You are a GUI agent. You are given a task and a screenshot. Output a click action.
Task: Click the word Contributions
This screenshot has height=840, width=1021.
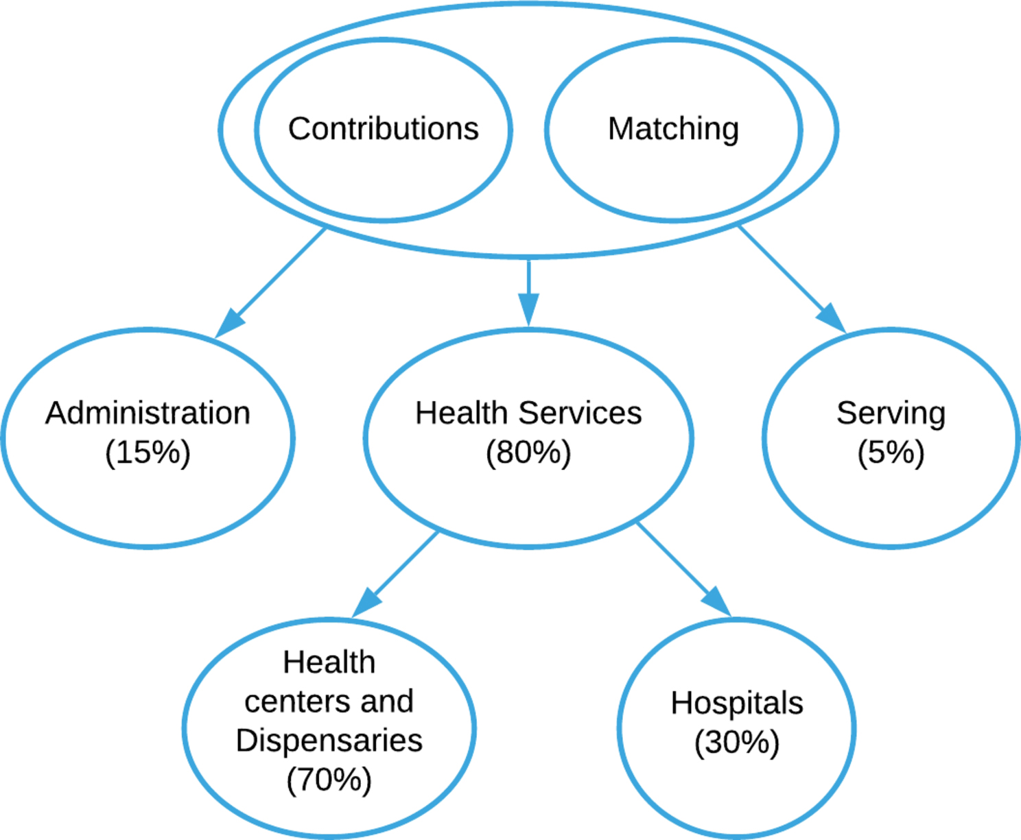pos(383,129)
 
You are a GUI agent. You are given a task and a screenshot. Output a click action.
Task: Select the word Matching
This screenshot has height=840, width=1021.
pos(673,129)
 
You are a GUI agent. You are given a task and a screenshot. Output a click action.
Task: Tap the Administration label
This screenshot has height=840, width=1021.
pos(148,413)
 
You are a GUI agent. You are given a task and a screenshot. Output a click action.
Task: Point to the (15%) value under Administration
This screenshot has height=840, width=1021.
pos(148,453)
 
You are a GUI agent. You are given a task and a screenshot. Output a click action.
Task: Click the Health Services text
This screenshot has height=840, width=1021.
pos(528,413)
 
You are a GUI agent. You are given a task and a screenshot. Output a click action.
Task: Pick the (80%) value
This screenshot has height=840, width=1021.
pos(528,453)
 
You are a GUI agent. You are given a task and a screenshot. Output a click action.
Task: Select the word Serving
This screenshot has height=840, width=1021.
pos(891,413)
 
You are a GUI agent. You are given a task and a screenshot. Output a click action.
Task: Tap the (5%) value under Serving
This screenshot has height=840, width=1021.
pos(891,453)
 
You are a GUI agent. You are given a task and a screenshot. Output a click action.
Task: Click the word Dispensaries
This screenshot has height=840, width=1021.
pos(329,741)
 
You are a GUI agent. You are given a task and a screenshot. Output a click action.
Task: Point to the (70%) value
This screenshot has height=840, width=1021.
pos(329,780)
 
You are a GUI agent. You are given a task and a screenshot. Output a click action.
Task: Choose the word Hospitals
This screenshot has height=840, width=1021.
pos(737,704)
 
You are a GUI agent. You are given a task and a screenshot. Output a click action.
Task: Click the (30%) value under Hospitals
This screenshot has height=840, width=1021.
pos(737,743)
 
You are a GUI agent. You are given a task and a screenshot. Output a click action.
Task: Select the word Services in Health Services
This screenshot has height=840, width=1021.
pos(580,413)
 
